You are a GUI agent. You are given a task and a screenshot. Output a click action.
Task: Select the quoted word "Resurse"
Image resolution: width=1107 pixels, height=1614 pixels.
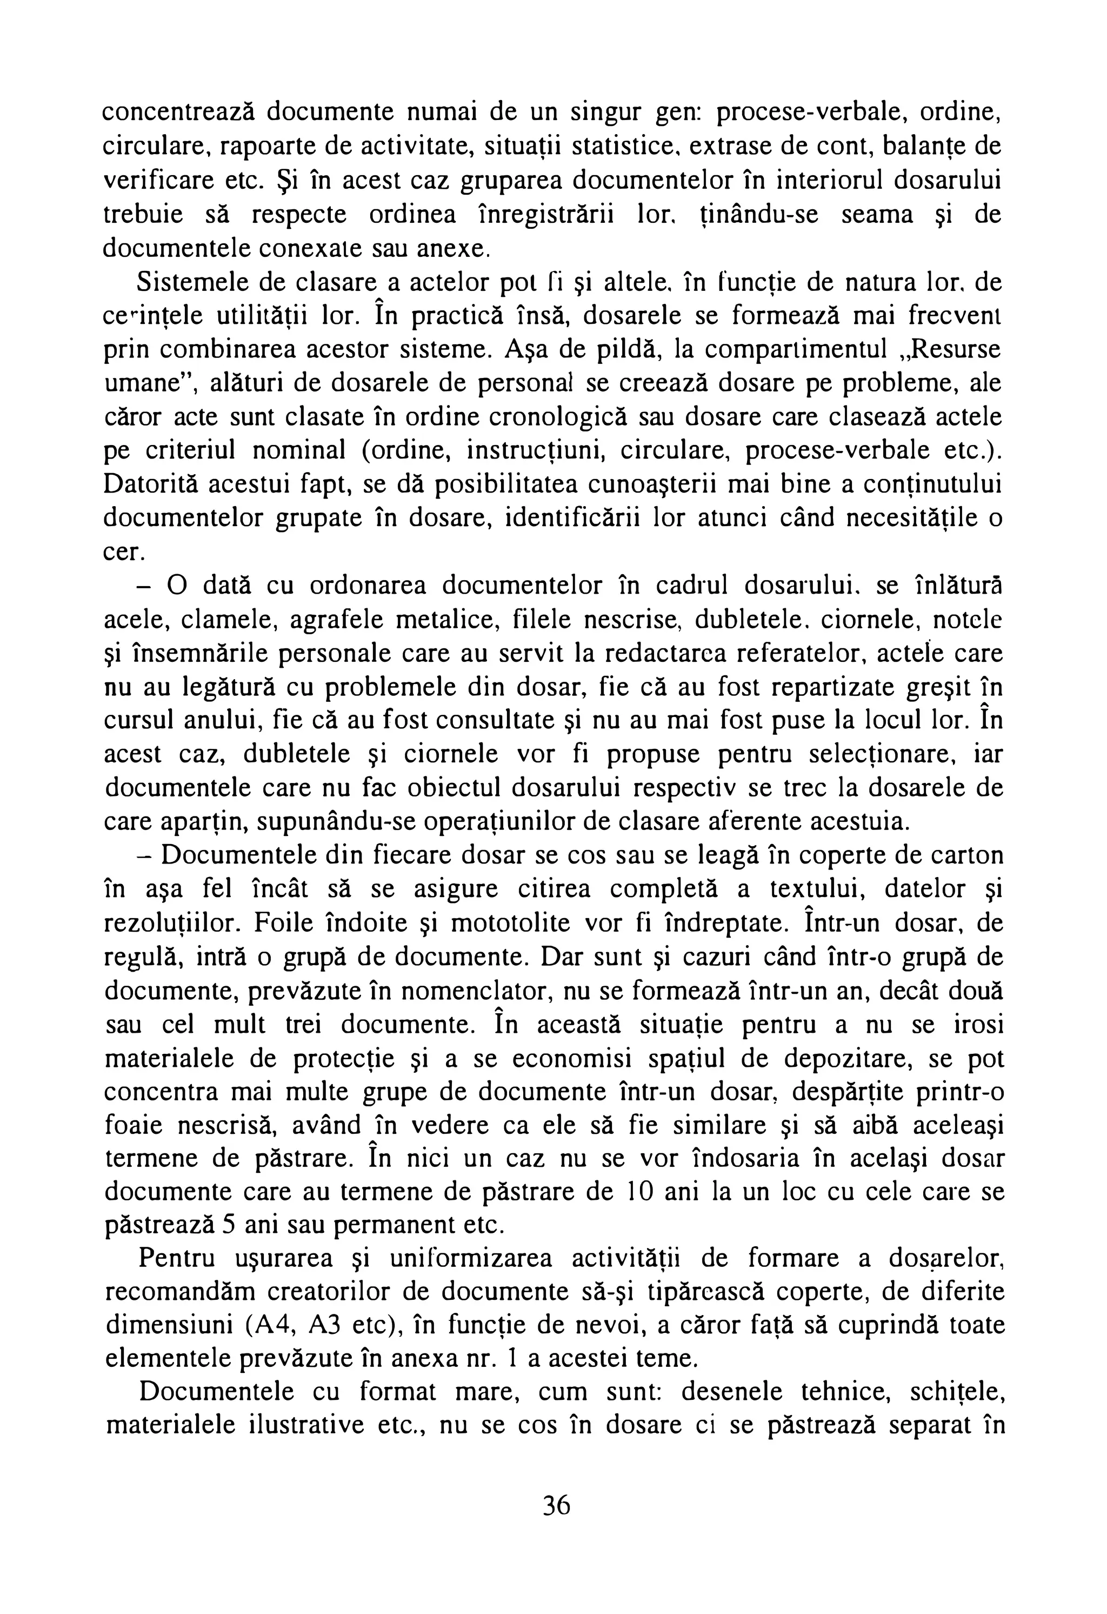coord(951,349)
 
